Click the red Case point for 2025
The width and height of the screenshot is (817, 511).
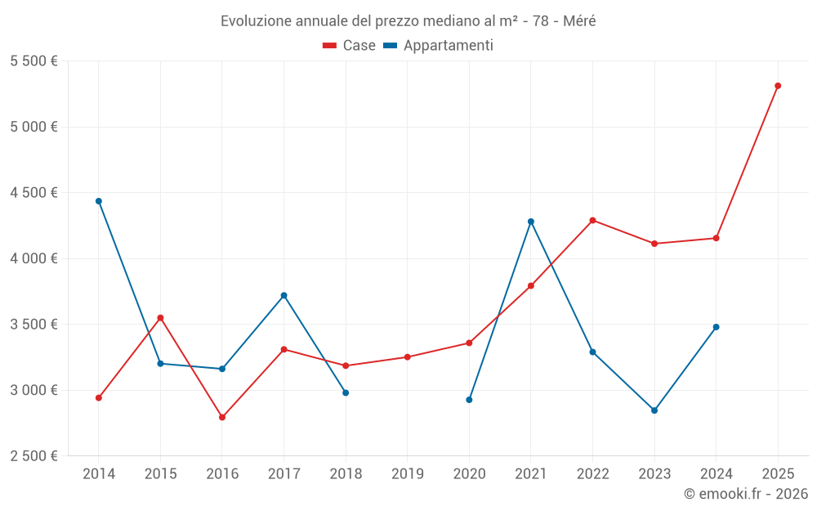(x=778, y=86)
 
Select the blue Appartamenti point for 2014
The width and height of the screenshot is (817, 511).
(x=99, y=201)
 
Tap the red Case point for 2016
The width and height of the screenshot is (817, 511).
(x=222, y=417)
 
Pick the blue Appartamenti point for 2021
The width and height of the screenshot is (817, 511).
(x=531, y=222)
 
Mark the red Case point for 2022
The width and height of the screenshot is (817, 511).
(x=592, y=220)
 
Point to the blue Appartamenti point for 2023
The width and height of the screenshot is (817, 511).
(x=654, y=410)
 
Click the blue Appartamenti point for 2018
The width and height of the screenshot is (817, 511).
(x=346, y=392)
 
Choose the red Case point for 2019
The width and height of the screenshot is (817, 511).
(x=407, y=357)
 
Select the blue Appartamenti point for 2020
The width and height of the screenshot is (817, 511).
(x=469, y=400)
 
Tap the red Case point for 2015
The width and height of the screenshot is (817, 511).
(x=160, y=317)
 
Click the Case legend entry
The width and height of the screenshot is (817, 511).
(x=350, y=46)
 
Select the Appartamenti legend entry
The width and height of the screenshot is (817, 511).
(x=439, y=46)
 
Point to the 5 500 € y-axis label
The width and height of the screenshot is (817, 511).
(x=34, y=61)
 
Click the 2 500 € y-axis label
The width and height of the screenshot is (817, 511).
(x=34, y=456)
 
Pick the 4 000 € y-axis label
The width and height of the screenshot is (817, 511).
(x=34, y=258)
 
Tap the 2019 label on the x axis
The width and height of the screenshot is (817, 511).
(x=407, y=473)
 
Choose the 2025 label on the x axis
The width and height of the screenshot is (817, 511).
(x=778, y=473)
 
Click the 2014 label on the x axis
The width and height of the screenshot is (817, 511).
(x=99, y=473)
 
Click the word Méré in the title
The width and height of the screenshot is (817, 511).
(x=579, y=20)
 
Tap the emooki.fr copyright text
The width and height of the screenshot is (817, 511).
(x=746, y=494)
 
